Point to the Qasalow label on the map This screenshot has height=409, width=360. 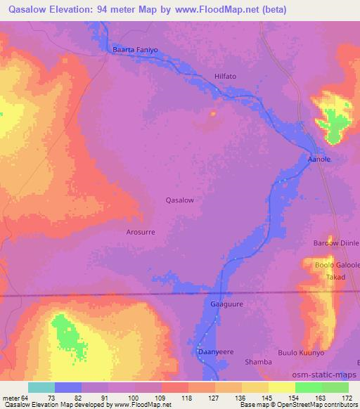click(x=179, y=200)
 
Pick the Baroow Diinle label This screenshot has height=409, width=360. click(x=336, y=243)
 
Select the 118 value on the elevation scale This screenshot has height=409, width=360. click(x=188, y=398)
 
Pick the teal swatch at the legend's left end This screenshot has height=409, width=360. click(x=41, y=387)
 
